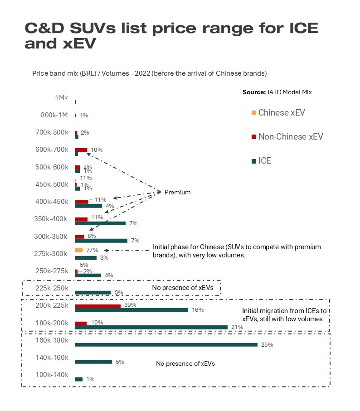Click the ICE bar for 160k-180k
click(x=166, y=344)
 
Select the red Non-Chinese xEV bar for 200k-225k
click(x=97, y=306)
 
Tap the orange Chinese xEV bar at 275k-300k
click(x=79, y=250)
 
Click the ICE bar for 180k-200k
click(x=151, y=327)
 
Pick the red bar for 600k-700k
click(x=81, y=150)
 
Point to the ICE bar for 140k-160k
click(x=93, y=362)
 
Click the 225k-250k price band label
click(x=51, y=288)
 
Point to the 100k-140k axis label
click(x=51, y=375)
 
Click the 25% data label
click(x=267, y=345)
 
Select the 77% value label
click(x=92, y=250)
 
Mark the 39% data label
click(x=131, y=305)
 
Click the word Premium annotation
click(x=177, y=193)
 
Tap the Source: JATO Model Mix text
click(x=277, y=92)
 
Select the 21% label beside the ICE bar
click(x=237, y=327)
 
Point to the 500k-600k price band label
click(x=51, y=167)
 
